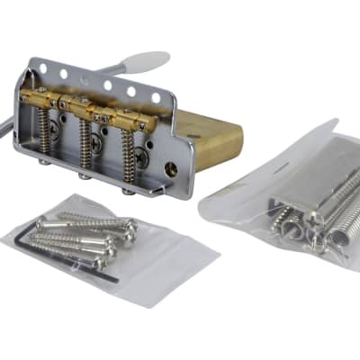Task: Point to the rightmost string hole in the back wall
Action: tap(154, 97)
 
